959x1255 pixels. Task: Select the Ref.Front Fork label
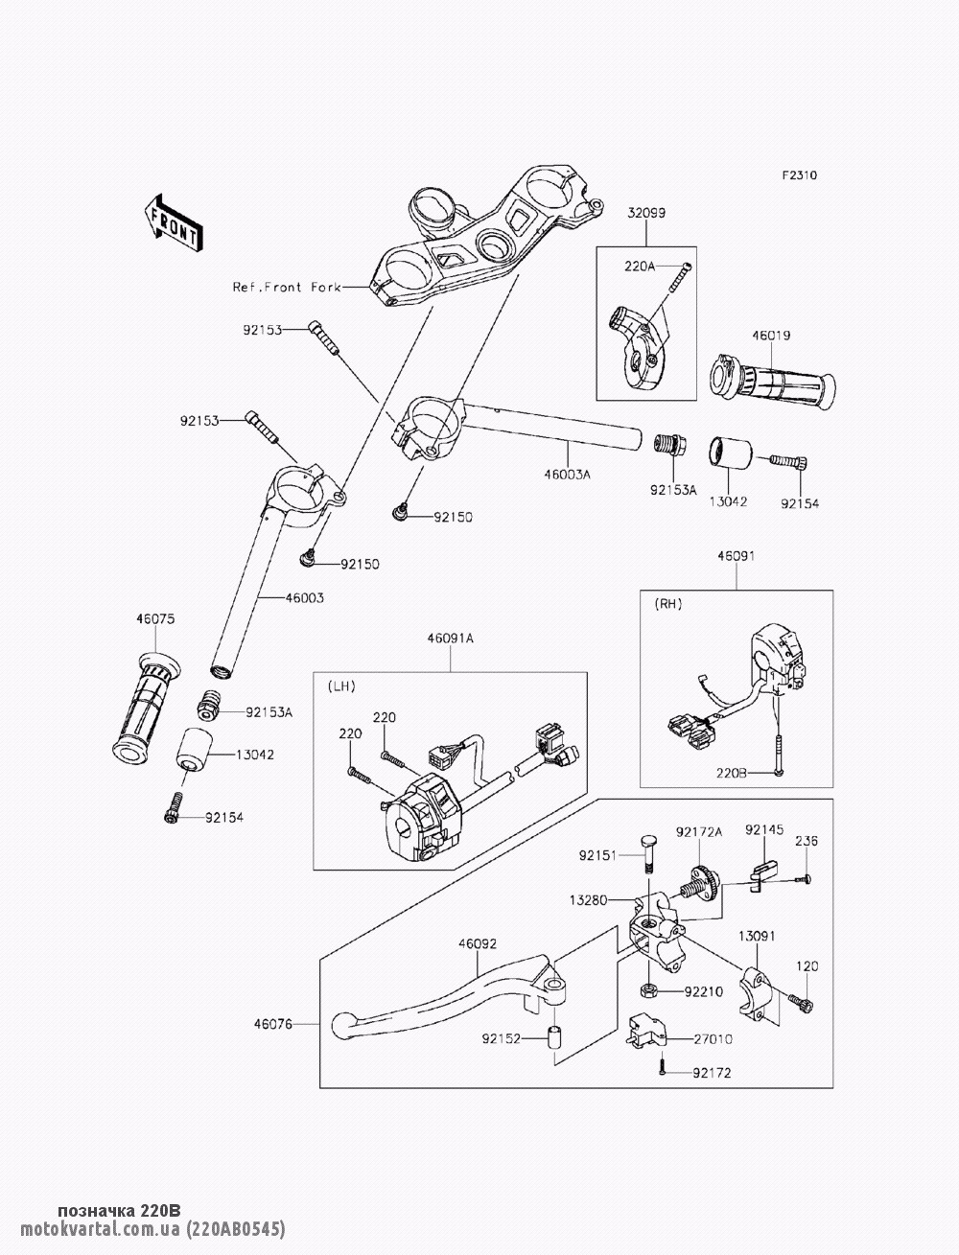287,287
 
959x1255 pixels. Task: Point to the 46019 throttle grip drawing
772,381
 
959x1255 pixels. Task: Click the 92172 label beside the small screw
712,1073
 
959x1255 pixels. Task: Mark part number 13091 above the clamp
757,935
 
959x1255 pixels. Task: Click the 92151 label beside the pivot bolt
598,853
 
